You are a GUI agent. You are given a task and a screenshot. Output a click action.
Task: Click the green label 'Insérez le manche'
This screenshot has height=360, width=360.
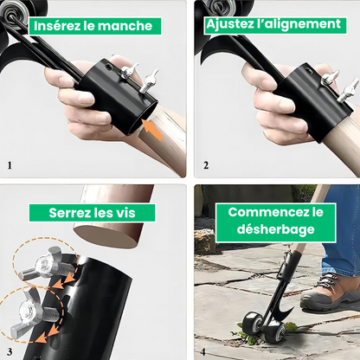pyautogui.click(x=93, y=25)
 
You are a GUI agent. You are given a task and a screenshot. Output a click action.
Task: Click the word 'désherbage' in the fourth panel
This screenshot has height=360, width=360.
pyautogui.click(x=269, y=231)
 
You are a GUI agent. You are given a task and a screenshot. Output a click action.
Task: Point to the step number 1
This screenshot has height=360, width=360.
pyautogui.click(x=10, y=164)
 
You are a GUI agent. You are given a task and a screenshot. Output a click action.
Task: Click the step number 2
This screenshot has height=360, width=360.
pyautogui.click(x=205, y=164)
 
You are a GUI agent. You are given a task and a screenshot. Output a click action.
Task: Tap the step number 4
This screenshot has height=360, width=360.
pyautogui.click(x=205, y=350)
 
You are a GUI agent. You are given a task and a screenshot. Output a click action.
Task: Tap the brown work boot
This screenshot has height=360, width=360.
pyautogui.click(x=331, y=293)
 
